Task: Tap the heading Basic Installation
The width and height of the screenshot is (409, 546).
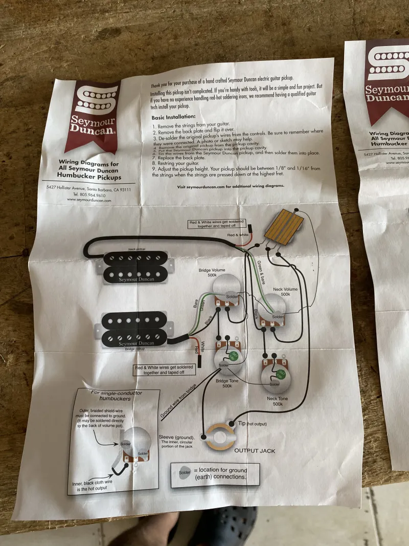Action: (174, 117)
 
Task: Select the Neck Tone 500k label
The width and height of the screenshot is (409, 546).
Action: (277, 401)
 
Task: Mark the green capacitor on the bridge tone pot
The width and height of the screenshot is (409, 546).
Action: (233, 355)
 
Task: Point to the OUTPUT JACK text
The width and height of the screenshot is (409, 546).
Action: (255, 450)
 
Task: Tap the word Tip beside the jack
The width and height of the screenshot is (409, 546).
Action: (242, 424)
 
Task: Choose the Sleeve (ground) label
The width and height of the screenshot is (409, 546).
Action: (176, 438)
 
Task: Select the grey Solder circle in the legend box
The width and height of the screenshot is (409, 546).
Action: (185, 473)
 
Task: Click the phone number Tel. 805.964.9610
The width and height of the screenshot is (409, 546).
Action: (89, 195)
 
